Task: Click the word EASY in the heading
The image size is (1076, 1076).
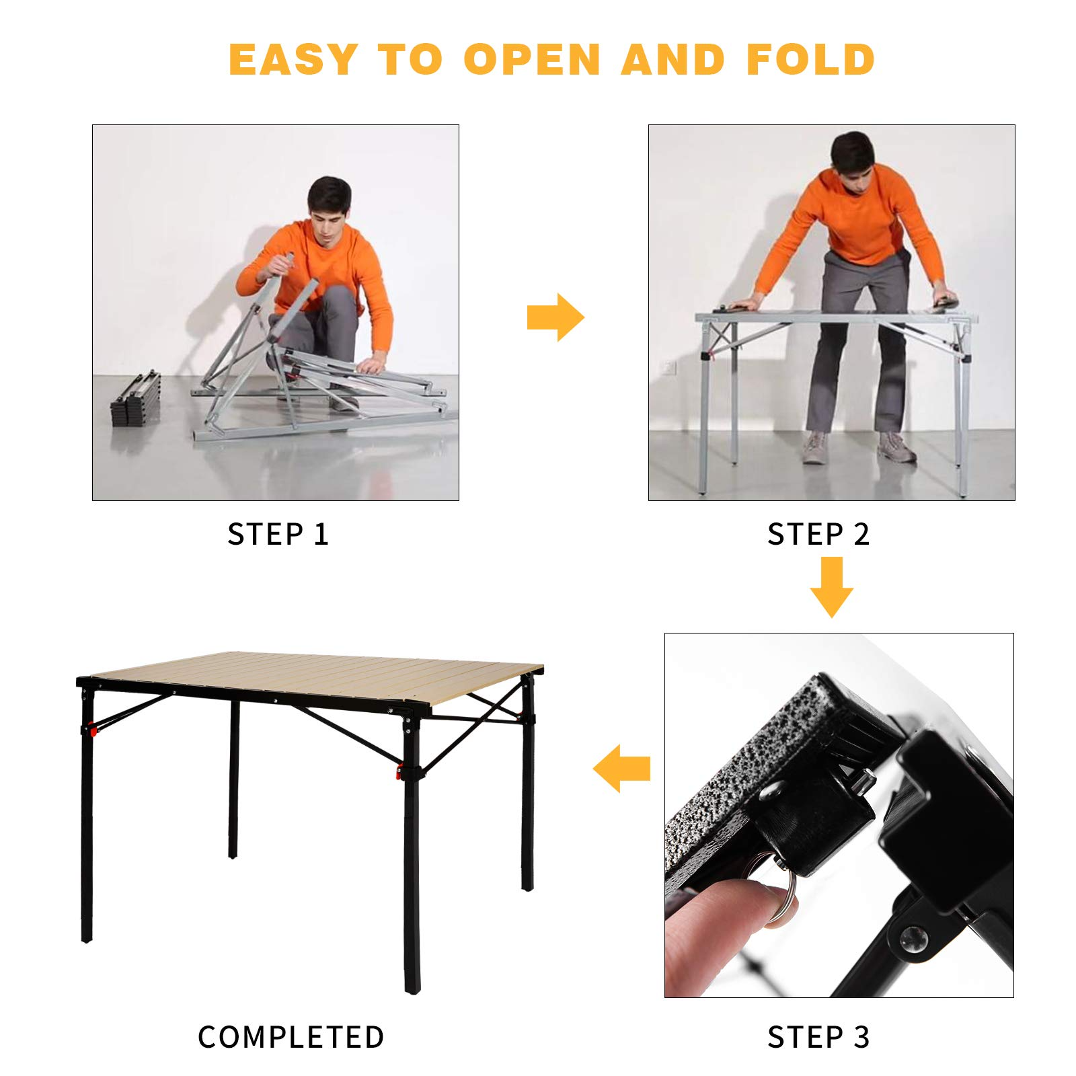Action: (293, 59)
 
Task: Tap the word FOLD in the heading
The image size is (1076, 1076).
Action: (810, 59)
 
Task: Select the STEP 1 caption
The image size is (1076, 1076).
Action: (278, 535)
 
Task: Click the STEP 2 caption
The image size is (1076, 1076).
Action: (818, 535)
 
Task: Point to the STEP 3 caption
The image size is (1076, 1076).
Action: (818, 1037)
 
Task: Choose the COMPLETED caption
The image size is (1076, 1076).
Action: (291, 1037)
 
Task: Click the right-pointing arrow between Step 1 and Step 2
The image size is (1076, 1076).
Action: (555, 317)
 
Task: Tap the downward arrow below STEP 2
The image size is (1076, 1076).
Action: (832, 587)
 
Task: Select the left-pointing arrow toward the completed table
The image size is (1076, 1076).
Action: (622, 768)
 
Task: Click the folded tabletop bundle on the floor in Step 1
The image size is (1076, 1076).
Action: (136, 399)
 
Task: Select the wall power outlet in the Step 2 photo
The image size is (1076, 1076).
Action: (668, 367)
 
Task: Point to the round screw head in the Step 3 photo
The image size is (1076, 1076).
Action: (914, 939)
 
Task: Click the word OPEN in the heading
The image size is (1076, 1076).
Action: (531, 59)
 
